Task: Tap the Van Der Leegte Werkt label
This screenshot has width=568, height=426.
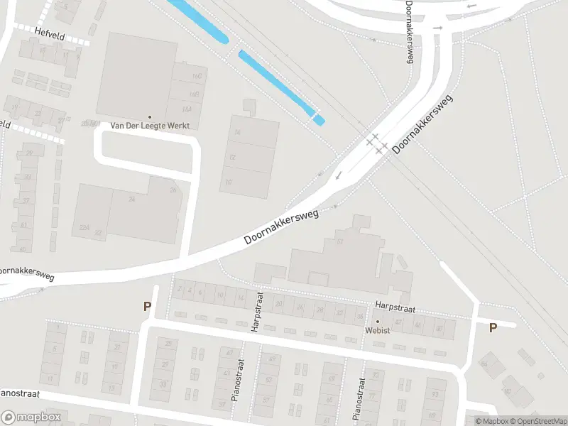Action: (149, 126)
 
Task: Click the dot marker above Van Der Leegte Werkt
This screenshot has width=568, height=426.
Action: (149, 116)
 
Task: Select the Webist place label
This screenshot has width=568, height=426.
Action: (378, 330)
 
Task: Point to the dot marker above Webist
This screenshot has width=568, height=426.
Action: (378, 322)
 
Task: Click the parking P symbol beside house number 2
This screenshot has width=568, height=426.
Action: (148, 307)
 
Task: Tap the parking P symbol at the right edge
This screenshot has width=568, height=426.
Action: (492, 328)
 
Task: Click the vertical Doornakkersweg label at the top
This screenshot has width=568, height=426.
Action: (409, 32)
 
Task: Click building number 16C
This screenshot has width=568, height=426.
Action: (196, 75)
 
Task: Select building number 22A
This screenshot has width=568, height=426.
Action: (84, 227)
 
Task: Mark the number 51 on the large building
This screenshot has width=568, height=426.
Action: (341, 241)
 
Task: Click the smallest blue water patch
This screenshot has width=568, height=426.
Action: (319, 120)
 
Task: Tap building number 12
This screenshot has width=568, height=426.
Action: (231, 157)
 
